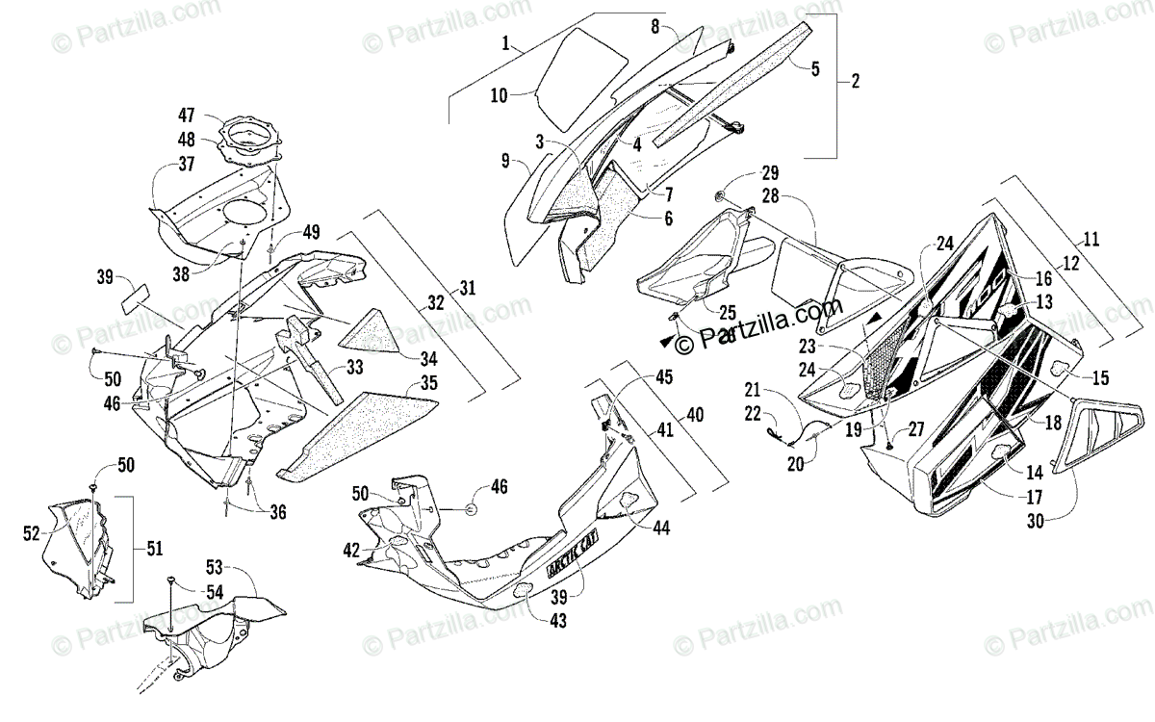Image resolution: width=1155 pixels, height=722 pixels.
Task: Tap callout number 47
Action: (x=187, y=116)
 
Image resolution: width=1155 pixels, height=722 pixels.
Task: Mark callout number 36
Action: (x=277, y=512)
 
